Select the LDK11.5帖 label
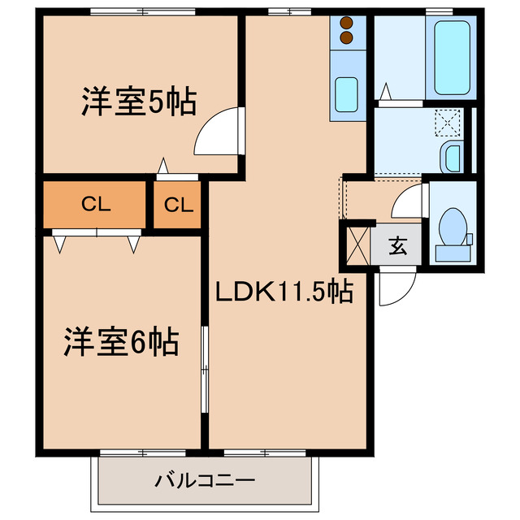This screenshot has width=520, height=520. tap(284, 292)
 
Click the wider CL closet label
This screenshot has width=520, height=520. tap(96, 205)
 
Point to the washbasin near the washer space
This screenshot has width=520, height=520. tap(452, 155)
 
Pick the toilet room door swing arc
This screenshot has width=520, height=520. tap(408, 201)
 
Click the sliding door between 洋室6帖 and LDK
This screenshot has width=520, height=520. tap(206, 370)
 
